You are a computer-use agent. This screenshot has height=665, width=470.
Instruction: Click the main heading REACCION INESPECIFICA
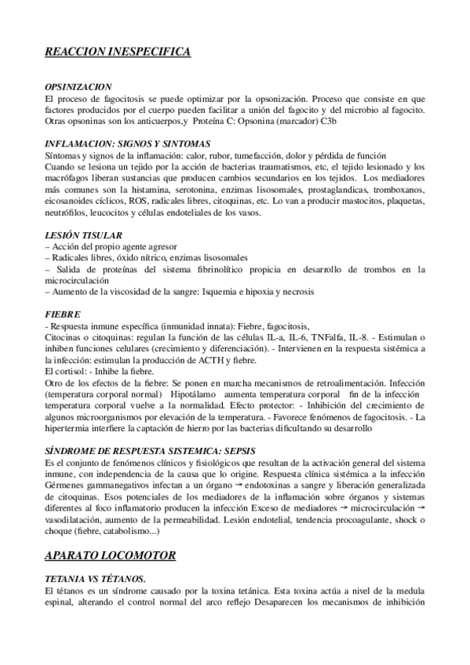point(118,51)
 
